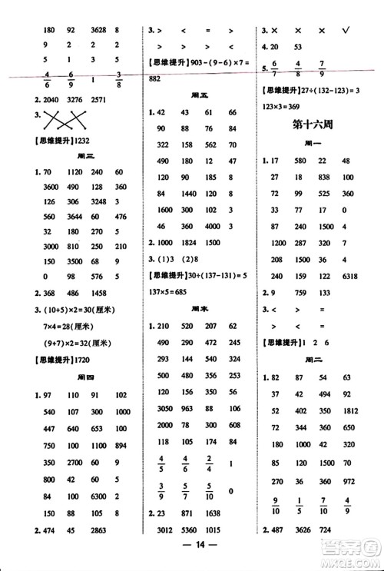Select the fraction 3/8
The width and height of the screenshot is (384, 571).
click(118, 79)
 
